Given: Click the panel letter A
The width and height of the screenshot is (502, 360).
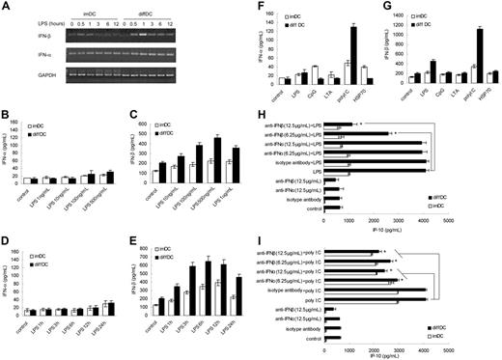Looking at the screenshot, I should pos(7,7).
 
